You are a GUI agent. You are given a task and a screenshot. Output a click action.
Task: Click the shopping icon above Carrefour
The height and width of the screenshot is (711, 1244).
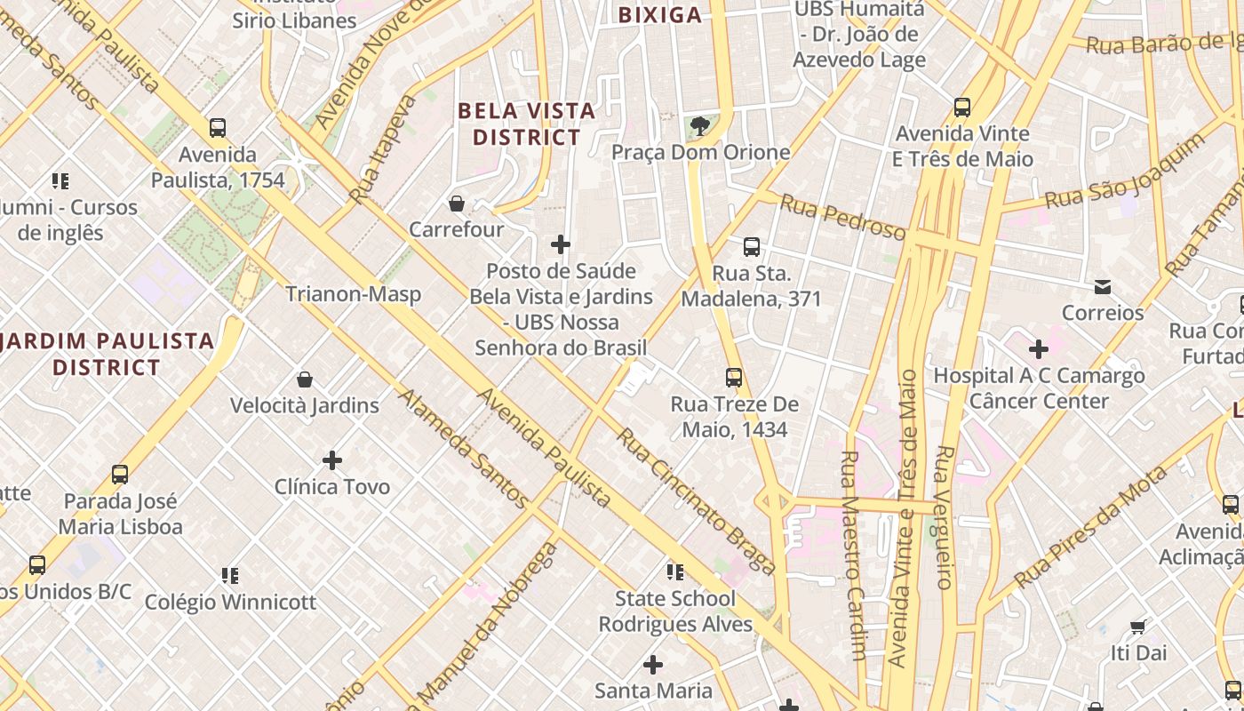(x=457, y=204)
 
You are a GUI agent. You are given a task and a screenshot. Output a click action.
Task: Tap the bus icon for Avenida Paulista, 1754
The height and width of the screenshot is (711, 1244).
(x=218, y=128)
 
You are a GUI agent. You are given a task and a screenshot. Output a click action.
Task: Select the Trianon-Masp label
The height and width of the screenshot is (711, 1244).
(x=353, y=294)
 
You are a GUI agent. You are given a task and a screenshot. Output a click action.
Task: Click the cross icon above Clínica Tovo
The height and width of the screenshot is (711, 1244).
(x=332, y=460)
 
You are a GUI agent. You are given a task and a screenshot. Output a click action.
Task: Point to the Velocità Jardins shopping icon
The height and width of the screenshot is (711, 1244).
(x=305, y=379)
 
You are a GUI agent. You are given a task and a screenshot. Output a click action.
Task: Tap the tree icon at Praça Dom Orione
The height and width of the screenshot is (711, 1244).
(x=700, y=126)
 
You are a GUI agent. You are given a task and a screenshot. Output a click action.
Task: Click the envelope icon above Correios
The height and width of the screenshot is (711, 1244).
(x=1103, y=287)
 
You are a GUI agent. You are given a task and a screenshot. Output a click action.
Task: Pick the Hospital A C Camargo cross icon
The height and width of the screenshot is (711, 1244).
(x=1038, y=349)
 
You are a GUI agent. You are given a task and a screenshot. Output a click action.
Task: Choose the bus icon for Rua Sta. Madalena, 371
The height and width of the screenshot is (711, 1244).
(x=752, y=247)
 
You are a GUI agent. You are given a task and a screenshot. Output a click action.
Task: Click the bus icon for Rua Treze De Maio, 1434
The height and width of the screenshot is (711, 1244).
(x=734, y=378)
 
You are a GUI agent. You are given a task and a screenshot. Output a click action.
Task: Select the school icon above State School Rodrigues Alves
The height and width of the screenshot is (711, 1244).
(x=675, y=572)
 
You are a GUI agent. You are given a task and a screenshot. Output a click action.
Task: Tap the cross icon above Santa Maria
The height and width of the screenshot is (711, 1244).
(x=653, y=665)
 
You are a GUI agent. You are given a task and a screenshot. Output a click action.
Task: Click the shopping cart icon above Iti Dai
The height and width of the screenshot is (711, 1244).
(x=1137, y=627)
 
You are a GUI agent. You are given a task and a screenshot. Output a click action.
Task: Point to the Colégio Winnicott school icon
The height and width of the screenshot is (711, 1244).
(x=230, y=576)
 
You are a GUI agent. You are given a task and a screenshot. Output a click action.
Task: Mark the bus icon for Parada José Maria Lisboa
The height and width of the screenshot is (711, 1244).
(x=120, y=475)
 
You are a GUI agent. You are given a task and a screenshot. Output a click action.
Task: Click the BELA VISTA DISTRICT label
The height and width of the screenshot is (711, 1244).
(x=526, y=124)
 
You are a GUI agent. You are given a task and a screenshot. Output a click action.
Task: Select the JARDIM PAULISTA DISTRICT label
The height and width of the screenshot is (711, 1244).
(x=107, y=354)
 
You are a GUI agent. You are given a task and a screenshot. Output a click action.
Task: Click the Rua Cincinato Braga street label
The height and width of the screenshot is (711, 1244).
(x=697, y=499)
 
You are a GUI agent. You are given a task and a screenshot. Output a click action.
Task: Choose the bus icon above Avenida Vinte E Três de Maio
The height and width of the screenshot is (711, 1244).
(x=962, y=108)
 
